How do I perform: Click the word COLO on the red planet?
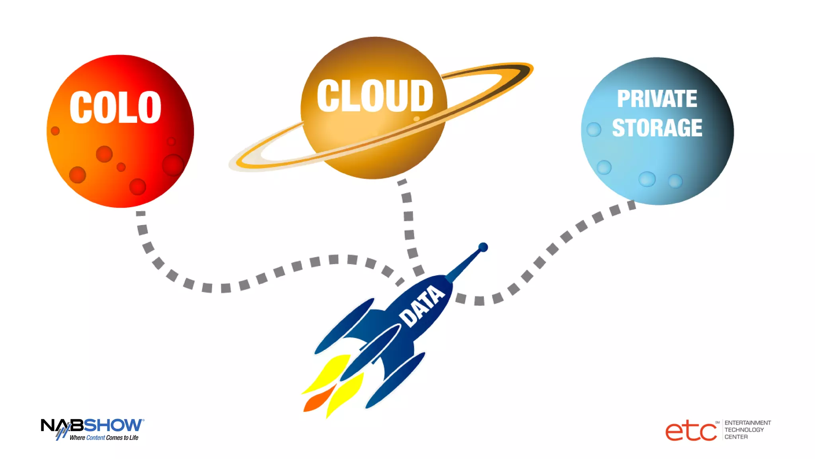115,107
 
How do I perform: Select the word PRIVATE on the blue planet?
657,98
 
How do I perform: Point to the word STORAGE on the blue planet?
657,127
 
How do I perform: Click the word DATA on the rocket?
422,306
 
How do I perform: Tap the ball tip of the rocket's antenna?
483,247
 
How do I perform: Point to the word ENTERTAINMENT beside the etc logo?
747,423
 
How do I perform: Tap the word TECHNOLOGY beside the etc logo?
744,430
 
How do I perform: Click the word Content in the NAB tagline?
96,437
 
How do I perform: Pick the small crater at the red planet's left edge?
55,131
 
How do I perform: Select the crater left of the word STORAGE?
594,129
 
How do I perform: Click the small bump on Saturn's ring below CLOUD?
417,119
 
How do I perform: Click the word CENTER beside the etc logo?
736,437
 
